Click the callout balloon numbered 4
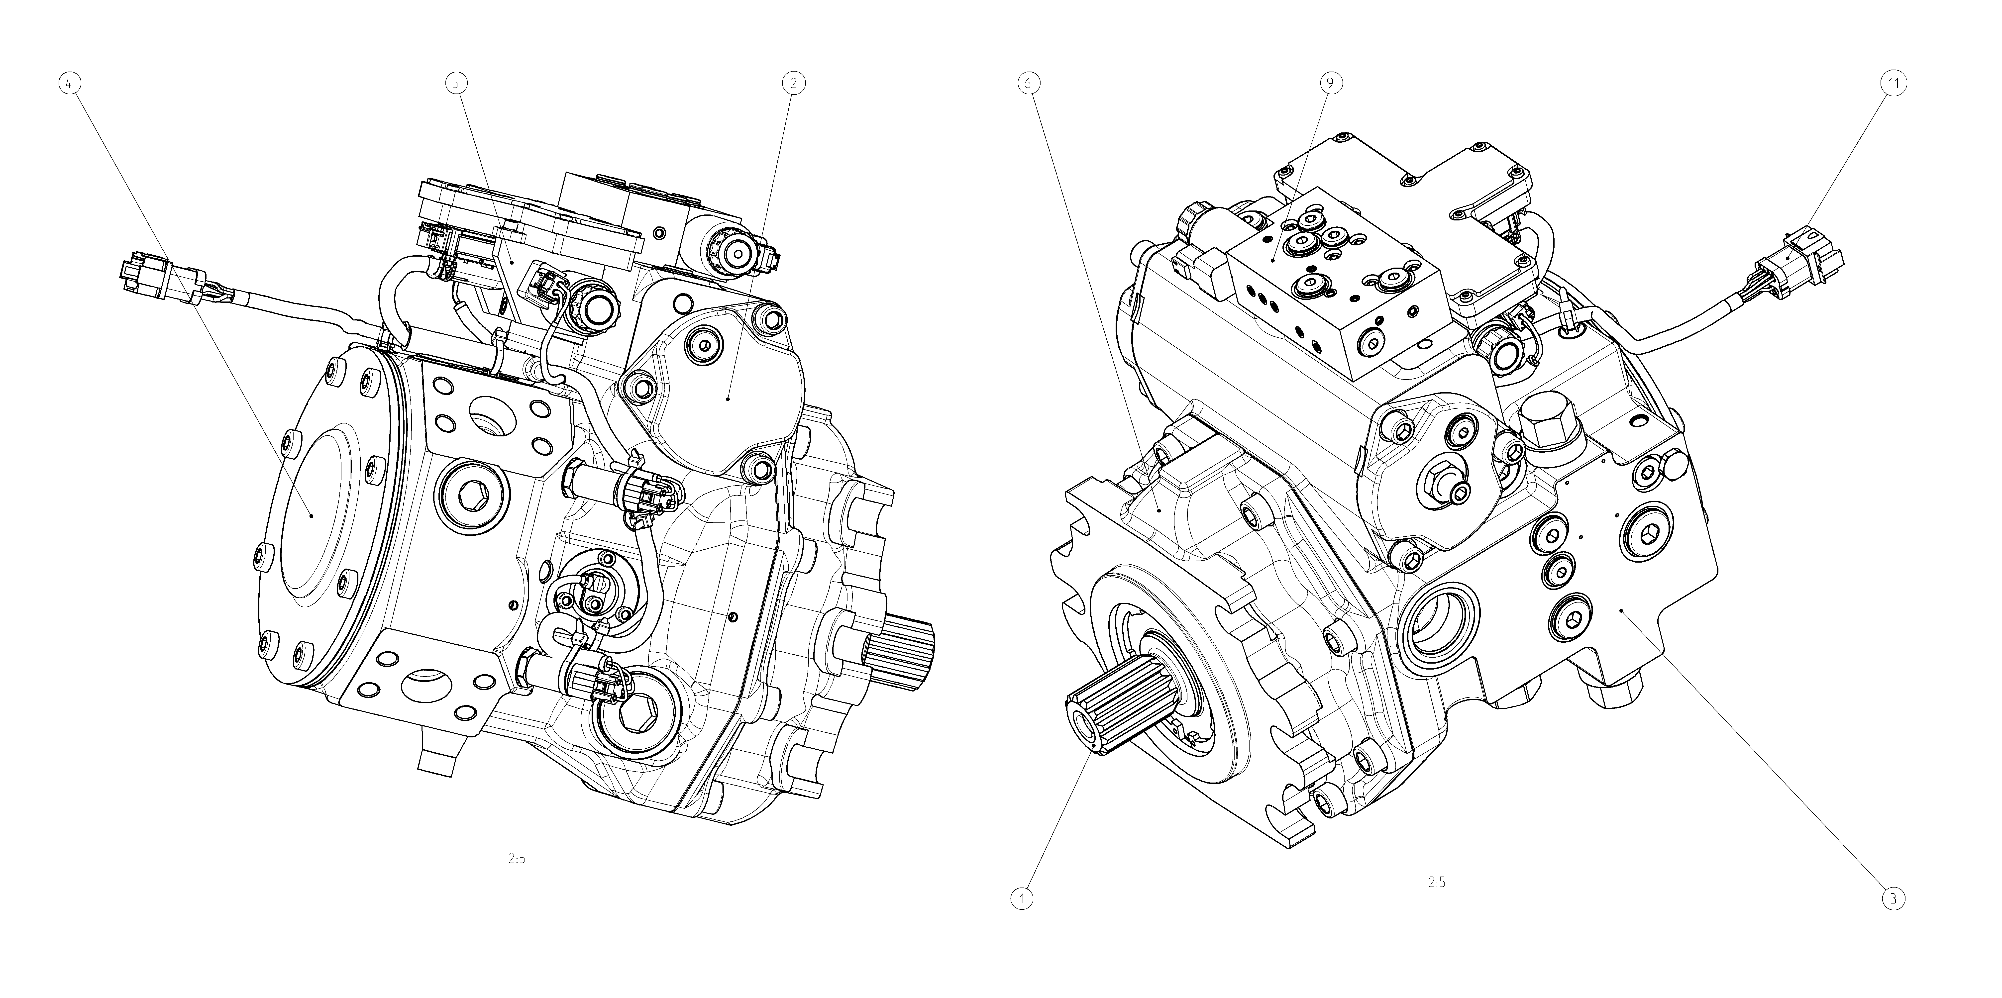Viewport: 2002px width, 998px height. pyautogui.click(x=70, y=82)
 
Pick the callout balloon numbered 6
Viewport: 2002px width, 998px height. pyautogui.click(x=1027, y=82)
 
